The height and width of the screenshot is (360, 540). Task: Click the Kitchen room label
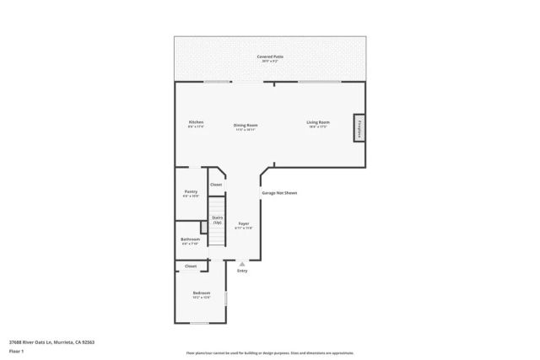pos(196,122)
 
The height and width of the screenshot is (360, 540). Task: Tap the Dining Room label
pos(246,126)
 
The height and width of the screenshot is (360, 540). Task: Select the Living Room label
pos(318,122)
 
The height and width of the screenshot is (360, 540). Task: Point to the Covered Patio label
pos(271,56)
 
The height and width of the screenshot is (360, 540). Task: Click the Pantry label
pos(191,192)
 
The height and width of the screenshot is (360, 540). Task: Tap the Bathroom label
pos(190,239)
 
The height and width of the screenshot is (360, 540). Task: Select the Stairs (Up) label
pos(217,220)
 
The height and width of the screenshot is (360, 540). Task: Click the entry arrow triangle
pos(242,264)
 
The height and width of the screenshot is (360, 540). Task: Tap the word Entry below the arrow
pos(242,271)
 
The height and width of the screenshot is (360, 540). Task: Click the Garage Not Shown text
pos(279,193)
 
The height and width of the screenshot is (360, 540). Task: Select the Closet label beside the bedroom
pos(190,266)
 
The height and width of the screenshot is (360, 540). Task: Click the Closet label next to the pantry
pos(216,185)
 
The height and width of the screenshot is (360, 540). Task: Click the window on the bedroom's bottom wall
pos(199,323)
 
